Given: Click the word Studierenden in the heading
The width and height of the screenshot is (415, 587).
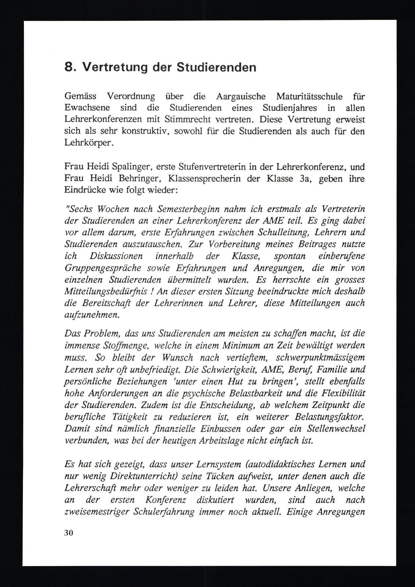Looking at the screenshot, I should click(x=216, y=67).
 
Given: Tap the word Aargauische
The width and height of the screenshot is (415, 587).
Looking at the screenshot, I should click(x=241, y=96).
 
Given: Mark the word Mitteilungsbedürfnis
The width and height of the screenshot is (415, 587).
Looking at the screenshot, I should click(x=106, y=291).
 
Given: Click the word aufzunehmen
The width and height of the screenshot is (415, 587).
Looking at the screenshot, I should click(x=92, y=315).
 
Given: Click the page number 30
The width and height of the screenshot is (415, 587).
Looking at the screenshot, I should click(x=69, y=533).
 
